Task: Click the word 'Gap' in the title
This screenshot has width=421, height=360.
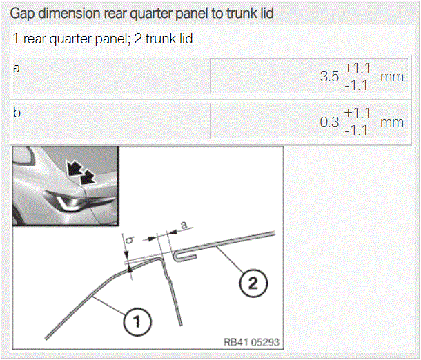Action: click(22, 13)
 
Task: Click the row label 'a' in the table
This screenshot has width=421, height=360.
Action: click(17, 68)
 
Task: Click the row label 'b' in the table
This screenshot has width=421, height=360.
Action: click(17, 112)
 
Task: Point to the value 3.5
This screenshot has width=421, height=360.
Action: click(329, 77)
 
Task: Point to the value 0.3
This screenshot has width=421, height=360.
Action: click(329, 122)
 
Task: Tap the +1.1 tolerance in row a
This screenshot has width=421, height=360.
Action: click(358, 68)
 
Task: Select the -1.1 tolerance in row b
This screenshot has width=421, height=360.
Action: click(356, 131)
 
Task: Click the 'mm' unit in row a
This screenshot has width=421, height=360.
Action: click(392, 77)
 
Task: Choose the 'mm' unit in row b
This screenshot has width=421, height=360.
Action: click(392, 123)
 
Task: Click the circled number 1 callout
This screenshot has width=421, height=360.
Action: click(137, 322)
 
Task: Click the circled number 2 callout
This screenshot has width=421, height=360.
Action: click(253, 283)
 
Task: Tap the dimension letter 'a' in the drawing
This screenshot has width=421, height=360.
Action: click(184, 225)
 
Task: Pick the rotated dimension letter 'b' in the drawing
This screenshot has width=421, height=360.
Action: click(130, 241)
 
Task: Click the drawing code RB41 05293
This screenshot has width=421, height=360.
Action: click(251, 342)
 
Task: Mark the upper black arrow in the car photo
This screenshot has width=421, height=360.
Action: click(74, 168)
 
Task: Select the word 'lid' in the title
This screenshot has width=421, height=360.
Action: click(266, 13)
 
